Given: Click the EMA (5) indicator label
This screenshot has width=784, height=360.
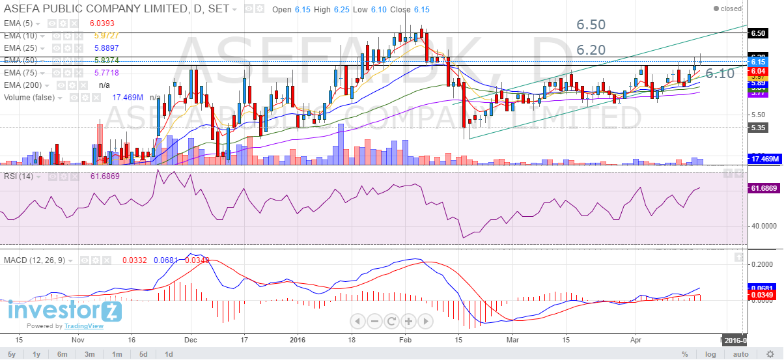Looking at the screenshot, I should (20, 23).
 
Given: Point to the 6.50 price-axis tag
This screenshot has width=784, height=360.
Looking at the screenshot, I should (757, 33).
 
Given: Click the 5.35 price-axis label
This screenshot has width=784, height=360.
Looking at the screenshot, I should (757, 128).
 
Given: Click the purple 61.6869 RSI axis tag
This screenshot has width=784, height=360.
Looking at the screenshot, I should (764, 188).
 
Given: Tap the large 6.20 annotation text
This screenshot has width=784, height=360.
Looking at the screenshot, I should (591, 49).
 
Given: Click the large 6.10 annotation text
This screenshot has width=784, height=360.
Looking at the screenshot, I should (720, 74).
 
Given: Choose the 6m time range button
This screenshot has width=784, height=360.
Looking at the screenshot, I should (63, 354).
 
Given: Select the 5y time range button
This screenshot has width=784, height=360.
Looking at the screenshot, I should (11, 354).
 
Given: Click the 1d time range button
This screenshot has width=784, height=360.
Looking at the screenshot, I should (168, 354).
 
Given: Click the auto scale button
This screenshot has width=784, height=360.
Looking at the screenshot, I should (741, 354).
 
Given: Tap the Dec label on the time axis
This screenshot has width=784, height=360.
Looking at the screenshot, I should (191, 340).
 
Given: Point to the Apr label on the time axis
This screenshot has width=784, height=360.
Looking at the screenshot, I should (636, 340).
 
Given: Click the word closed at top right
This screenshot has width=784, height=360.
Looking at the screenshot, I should (731, 9).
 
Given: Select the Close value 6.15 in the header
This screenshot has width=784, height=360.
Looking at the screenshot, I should (421, 10).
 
